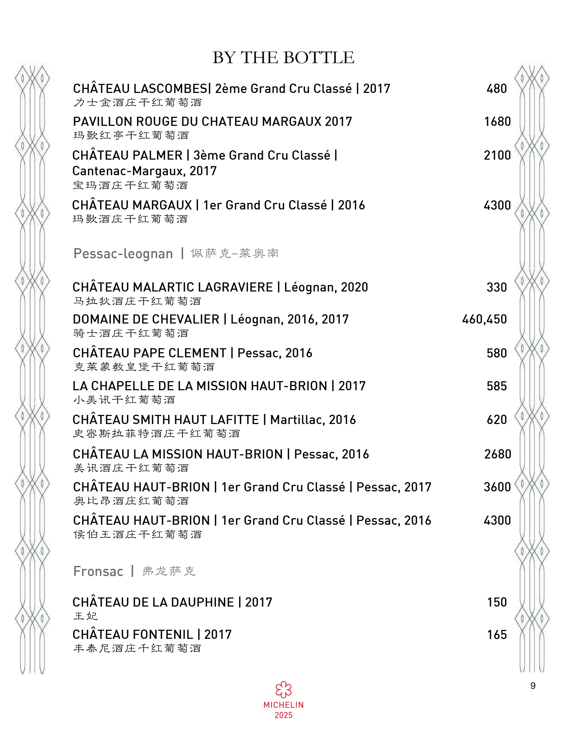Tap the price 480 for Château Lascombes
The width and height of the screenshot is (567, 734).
tap(497, 89)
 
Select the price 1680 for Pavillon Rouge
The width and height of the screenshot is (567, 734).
tap(497, 122)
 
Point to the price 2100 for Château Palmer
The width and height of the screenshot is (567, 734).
tap(497, 155)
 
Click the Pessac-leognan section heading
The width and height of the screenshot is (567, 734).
tap(123, 254)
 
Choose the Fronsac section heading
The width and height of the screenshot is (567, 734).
tap(98, 571)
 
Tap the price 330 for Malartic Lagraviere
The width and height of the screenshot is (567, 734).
tap(497, 287)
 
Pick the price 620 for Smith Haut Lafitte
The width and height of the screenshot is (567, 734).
tap(497, 420)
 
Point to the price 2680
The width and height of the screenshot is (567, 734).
tap(497, 454)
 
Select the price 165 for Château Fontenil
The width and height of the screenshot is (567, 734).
tap(497, 635)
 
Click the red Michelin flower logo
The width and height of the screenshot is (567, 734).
tap(284, 690)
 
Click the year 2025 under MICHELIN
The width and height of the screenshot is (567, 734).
tap(284, 715)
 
